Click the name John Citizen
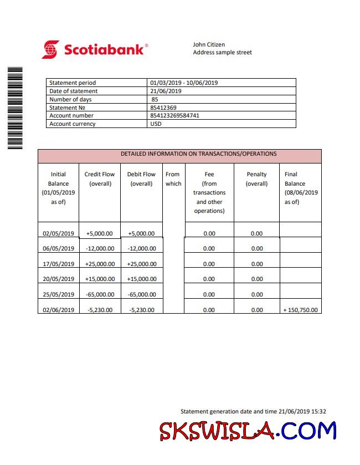click(209, 44)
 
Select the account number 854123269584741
click(174, 116)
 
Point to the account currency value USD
click(156, 124)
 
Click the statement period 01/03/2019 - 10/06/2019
click(184, 83)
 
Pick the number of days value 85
click(155, 99)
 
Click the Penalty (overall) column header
click(256, 178)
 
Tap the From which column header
click(173, 178)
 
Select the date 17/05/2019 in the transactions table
click(58, 264)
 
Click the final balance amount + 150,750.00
click(300, 310)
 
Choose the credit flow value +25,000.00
click(100, 264)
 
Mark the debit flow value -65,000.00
click(141, 294)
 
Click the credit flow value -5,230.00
click(100, 310)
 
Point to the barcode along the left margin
click(15, 108)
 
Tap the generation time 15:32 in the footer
click(318, 411)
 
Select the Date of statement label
click(73, 91)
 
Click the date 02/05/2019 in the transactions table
click(58, 233)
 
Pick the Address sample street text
click(222, 53)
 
